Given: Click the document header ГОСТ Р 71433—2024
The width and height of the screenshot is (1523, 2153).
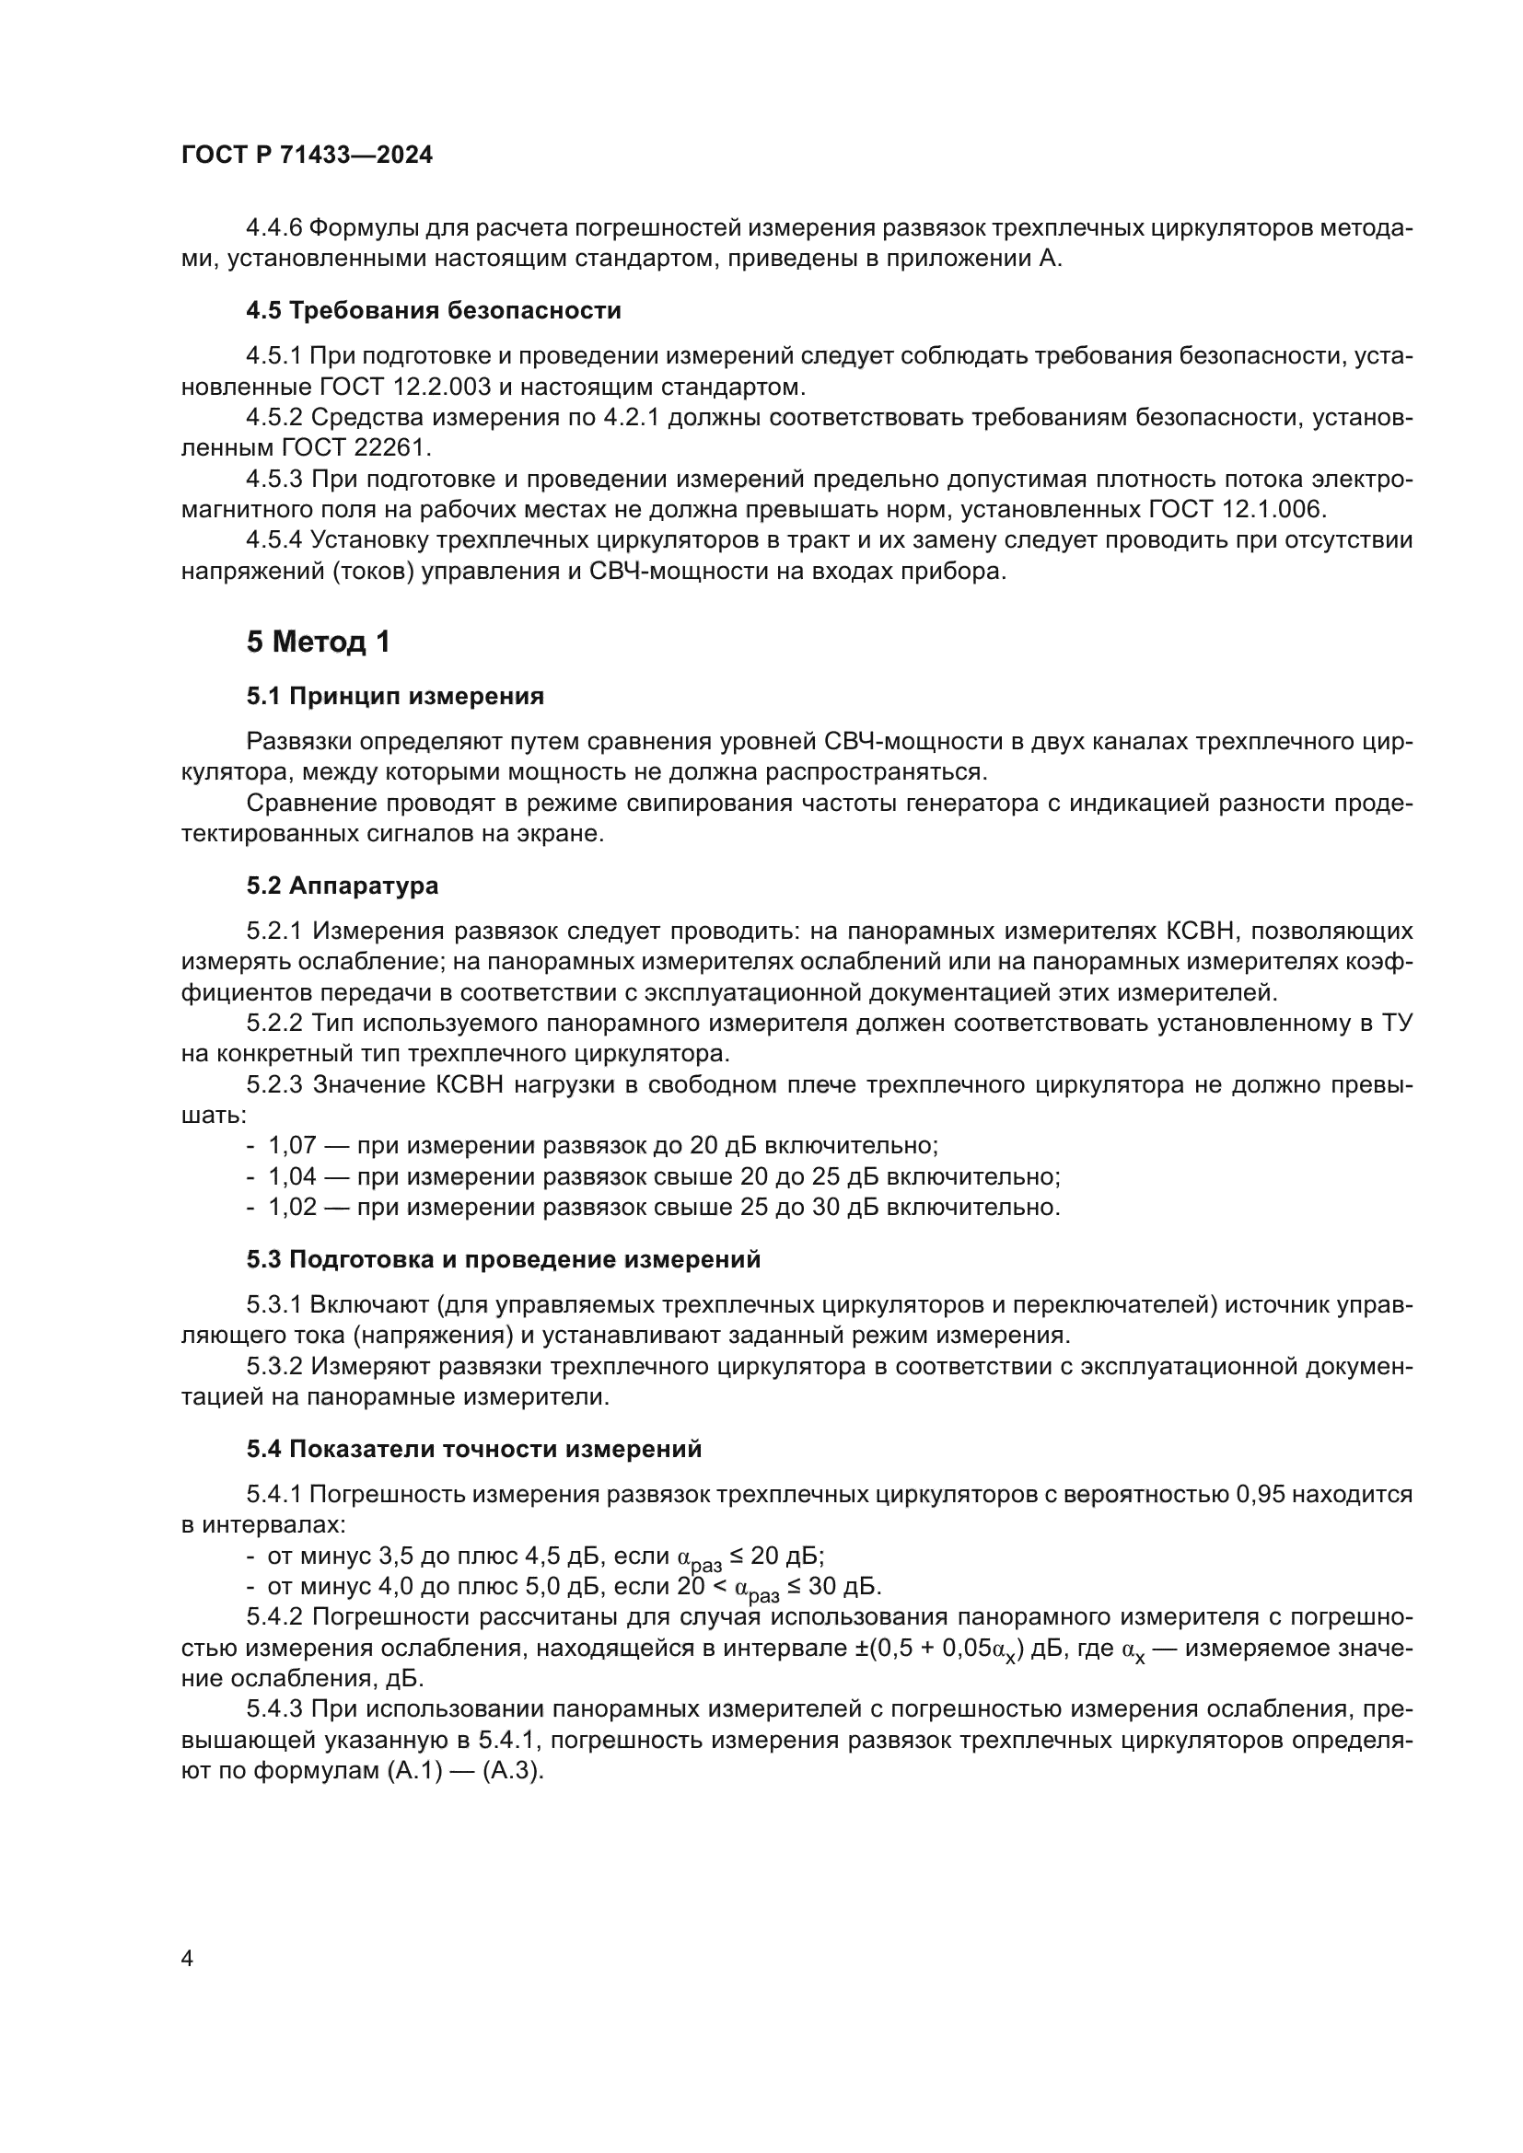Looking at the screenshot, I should point(307,156).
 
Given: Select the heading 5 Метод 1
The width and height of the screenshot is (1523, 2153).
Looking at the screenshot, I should point(318,642).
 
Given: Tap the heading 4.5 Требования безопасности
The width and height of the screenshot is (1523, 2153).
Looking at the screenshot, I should point(434,310).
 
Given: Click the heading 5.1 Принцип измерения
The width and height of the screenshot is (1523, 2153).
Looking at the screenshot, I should point(395,696).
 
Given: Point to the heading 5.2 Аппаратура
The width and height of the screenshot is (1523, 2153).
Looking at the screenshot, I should point(343,886).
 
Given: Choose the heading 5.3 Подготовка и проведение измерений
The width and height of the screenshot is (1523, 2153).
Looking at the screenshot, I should point(504,1259).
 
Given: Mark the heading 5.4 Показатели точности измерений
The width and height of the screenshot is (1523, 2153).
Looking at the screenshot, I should point(473,1449).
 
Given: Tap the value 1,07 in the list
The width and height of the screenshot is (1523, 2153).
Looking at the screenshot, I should point(292,1146).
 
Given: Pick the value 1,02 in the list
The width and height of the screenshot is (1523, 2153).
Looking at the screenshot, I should point(292,1207).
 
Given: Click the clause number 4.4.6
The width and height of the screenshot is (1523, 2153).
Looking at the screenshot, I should point(273,228).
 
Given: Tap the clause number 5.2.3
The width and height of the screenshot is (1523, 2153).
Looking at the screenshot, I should point(273,1085).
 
